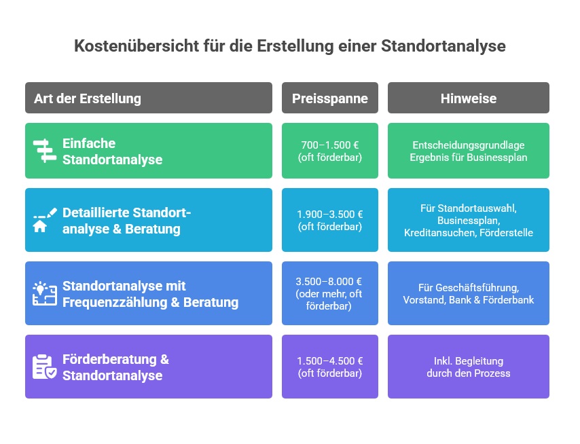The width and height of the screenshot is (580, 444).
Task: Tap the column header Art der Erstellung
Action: (88, 98)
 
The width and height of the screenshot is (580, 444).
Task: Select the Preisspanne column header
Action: (330, 98)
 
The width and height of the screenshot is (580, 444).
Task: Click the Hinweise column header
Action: (469, 98)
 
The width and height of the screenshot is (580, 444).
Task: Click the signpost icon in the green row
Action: (44, 151)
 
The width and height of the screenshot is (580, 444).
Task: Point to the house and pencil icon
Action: (44, 221)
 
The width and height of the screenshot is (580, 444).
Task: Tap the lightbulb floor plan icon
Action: (44, 293)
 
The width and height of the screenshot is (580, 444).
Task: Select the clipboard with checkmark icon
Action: (44, 367)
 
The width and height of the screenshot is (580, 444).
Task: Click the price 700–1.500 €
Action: (330, 145)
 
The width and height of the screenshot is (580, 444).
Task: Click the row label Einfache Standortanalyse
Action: (113, 151)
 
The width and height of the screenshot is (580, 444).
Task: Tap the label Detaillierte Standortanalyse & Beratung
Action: (126, 221)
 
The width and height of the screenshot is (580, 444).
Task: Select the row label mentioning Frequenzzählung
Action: (150, 294)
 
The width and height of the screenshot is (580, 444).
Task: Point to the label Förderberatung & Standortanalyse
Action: (115, 367)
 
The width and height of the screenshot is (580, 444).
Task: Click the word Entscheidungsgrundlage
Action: (469, 145)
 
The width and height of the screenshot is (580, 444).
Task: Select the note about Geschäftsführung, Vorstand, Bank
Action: (469, 293)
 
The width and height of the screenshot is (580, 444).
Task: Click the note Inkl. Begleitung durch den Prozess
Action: (469, 367)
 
